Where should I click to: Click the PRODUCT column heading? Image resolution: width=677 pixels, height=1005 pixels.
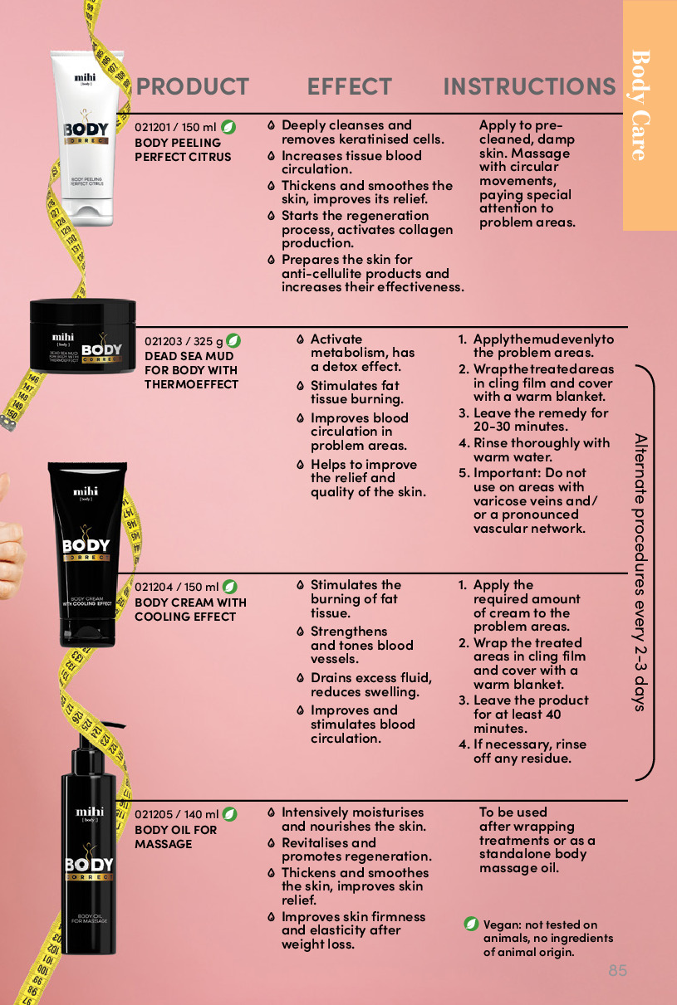(x=192, y=86)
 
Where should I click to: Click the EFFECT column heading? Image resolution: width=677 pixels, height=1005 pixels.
(x=349, y=86)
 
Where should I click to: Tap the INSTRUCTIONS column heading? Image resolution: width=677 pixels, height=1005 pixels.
(x=529, y=86)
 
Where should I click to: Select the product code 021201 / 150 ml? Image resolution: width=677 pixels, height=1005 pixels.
(x=175, y=128)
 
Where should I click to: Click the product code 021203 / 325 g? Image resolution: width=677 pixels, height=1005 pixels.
(x=184, y=341)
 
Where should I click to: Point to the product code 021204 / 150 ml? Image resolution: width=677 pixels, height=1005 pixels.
(x=176, y=587)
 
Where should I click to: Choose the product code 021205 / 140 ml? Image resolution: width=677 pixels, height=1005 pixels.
(x=176, y=814)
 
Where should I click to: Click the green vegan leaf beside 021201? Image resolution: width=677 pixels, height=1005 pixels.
(x=228, y=127)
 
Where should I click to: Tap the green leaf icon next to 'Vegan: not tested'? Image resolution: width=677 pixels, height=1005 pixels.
(x=471, y=924)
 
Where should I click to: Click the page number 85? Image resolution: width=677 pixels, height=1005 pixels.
(x=617, y=970)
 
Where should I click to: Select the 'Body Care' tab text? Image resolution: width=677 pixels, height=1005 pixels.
(x=641, y=105)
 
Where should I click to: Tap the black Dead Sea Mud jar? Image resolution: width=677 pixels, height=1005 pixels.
(x=82, y=335)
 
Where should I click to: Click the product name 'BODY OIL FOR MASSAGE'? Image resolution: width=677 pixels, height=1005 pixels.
(x=175, y=837)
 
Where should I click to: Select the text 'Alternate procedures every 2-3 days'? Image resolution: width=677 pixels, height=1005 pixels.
(x=640, y=573)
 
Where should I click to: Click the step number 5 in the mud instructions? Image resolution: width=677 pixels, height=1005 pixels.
(x=463, y=473)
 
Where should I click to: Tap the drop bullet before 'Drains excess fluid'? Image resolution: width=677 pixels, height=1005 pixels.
(x=301, y=678)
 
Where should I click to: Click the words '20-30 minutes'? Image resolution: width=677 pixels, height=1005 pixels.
(x=520, y=427)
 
